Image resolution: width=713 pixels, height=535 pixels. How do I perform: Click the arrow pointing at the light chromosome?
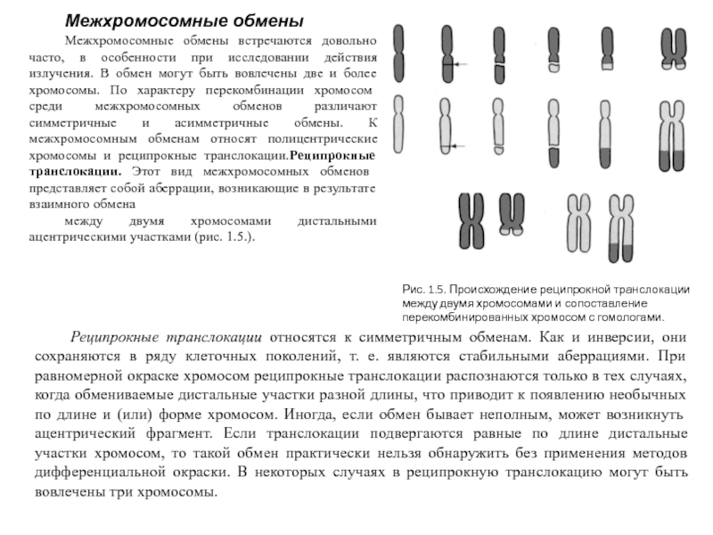[463, 144]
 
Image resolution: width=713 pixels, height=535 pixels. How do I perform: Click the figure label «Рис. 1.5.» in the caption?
[422, 291]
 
